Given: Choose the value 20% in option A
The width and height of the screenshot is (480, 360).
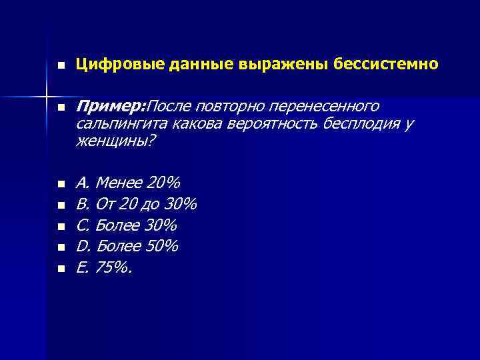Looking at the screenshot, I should click(x=159, y=182).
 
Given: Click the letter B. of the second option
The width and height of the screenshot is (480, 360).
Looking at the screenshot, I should click(x=83, y=203).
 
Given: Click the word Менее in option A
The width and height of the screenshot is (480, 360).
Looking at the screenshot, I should click(x=115, y=182).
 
